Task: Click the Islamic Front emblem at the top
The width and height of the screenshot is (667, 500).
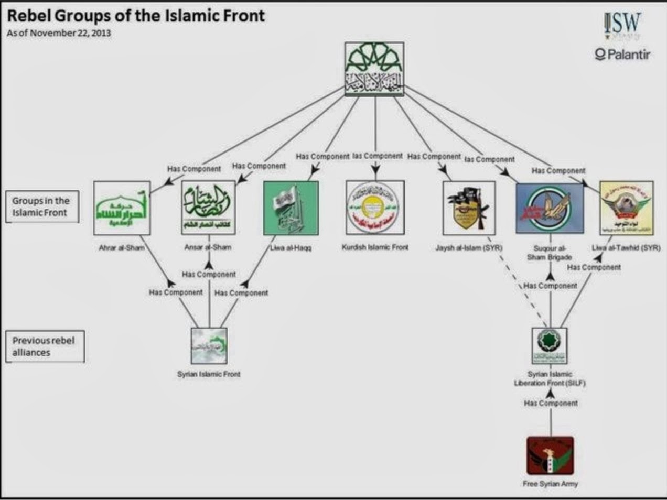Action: pyautogui.click(x=375, y=69)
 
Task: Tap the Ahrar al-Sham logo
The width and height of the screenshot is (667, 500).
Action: pyautogui.click(x=122, y=208)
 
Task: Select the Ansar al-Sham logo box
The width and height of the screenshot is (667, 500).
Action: pyautogui.click(x=208, y=208)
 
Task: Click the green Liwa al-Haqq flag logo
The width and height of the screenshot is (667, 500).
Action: pyautogui.click(x=291, y=208)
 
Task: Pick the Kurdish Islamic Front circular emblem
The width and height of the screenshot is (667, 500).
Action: pyautogui.click(x=375, y=207)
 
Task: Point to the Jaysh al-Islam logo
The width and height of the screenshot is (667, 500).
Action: pyautogui.click(x=469, y=208)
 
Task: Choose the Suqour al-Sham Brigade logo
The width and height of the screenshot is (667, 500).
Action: pyautogui.click(x=550, y=208)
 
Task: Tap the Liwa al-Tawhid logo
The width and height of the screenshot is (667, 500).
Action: pyautogui.click(x=626, y=208)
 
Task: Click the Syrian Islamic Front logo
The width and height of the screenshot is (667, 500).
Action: pyautogui.click(x=209, y=346)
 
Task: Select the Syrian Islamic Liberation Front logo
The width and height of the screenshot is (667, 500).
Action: pyautogui.click(x=549, y=345)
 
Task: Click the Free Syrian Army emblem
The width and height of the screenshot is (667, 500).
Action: pyautogui.click(x=550, y=455)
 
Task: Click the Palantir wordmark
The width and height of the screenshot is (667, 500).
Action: pyautogui.click(x=622, y=53)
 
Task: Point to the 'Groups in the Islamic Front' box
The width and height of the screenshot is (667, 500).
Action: pyautogui.click(x=41, y=206)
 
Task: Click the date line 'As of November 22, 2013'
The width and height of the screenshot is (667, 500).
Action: pyautogui.click(x=59, y=32)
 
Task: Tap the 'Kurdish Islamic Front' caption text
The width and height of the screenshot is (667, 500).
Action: pyautogui.click(x=375, y=247)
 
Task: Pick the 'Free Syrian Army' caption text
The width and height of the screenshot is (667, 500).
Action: pyautogui.click(x=550, y=483)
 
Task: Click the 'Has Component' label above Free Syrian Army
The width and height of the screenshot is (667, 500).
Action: pyautogui.click(x=551, y=403)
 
